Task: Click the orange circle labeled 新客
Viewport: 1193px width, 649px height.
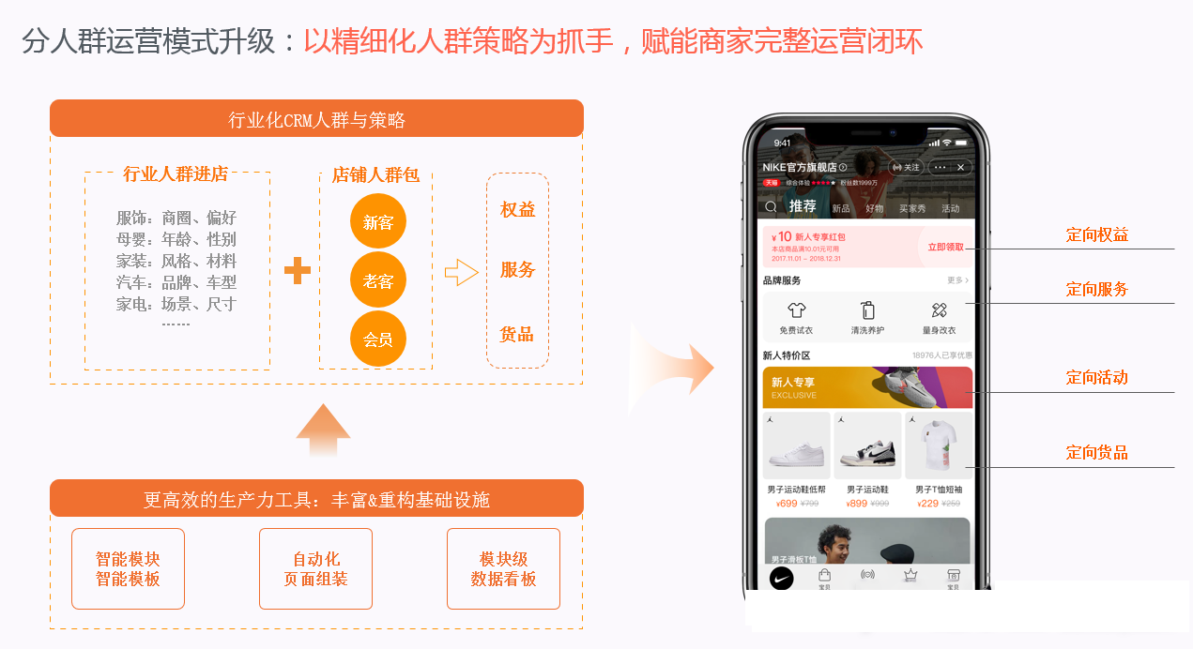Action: (378, 222)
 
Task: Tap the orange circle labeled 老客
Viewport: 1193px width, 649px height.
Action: (378, 280)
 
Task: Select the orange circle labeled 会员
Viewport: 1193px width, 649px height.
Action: (378, 339)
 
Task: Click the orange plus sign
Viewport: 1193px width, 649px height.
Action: (298, 270)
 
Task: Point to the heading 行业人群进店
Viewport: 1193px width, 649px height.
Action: (176, 174)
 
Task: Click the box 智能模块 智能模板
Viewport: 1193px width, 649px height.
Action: (128, 569)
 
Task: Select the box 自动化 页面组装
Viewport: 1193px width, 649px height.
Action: (315, 569)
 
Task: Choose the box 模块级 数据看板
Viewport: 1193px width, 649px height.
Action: (503, 569)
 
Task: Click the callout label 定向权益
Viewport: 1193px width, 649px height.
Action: (1096, 235)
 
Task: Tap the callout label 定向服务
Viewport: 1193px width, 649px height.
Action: (1096, 290)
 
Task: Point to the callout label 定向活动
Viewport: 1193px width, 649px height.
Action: (1096, 378)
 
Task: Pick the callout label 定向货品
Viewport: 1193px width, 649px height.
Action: (1096, 453)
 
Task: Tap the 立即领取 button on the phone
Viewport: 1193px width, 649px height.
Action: (945, 248)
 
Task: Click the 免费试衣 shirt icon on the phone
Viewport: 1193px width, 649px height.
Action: (797, 310)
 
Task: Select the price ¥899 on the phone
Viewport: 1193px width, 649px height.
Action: (855, 504)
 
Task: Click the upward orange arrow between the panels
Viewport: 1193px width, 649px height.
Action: (323, 430)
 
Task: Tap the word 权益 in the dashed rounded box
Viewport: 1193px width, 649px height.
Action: (517, 210)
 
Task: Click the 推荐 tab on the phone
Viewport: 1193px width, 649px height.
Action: (803, 206)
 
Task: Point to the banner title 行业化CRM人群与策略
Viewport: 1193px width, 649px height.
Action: (316, 120)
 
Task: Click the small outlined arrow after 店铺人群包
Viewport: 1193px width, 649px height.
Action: (461, 272)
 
